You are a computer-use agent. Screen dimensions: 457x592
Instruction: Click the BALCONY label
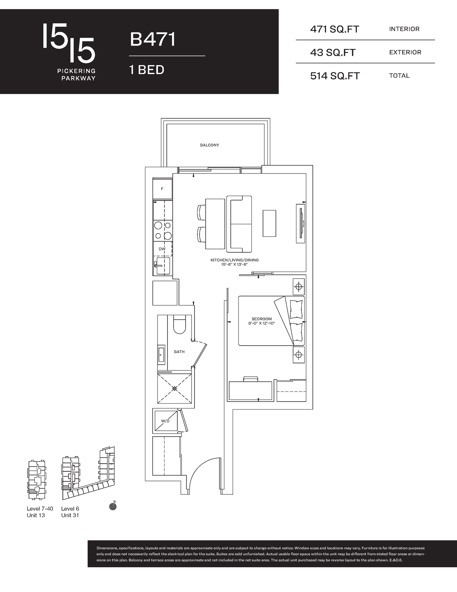coord(209,145)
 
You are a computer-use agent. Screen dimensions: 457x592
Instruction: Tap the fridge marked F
coord(162,189)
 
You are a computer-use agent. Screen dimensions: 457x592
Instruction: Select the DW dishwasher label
coord(162,249)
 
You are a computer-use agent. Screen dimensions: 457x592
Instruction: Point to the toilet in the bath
coord(179,324)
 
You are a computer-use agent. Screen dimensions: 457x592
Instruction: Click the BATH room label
coord(179,352)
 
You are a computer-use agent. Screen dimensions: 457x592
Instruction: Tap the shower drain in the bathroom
coord(175,388)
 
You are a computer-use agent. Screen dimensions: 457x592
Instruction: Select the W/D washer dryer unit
coord(166,421)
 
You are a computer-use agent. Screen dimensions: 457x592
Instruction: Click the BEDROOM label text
coord(261,319)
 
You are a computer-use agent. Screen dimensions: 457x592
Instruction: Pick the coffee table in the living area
coord(269,223)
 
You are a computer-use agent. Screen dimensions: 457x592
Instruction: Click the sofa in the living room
coord(239,224)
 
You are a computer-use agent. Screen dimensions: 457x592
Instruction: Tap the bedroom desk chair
coord(250,379)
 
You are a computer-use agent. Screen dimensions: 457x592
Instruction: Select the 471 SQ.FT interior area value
coord(335,29)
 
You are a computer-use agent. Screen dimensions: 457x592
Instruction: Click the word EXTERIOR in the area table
coord(405,52)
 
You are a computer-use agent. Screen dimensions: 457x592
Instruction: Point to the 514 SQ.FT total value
coord(335,76)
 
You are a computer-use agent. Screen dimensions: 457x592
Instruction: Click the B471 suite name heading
coord(152,40)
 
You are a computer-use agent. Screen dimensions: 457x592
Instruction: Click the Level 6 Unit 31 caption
coord(70,512)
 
